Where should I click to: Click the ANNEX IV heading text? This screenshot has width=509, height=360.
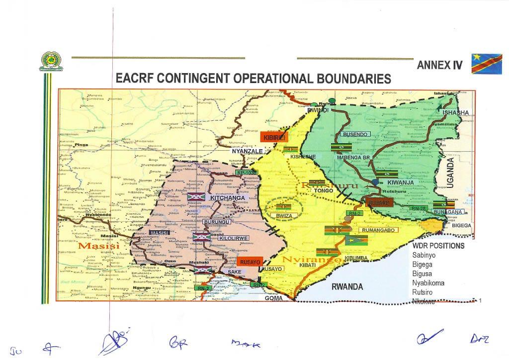(439, 65)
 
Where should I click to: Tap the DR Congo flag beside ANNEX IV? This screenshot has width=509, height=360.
(486, 64)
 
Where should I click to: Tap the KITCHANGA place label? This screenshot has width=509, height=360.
(228, 198)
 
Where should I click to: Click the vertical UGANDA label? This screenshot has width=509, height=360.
(451, 172)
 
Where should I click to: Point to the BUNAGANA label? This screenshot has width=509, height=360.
(449, 212)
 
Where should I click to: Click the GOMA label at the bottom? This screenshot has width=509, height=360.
(273, 298)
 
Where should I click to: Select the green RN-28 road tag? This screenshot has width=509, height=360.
(420, 208)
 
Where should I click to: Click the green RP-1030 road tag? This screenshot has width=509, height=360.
(246, 173)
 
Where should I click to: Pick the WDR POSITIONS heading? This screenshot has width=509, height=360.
(438, 246)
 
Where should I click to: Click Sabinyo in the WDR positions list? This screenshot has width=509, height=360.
(424, 255)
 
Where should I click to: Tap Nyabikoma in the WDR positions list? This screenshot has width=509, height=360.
(428, 283)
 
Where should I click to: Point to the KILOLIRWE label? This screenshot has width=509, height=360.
(233, 239)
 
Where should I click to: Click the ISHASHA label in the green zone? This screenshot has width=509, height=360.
(455, 112)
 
